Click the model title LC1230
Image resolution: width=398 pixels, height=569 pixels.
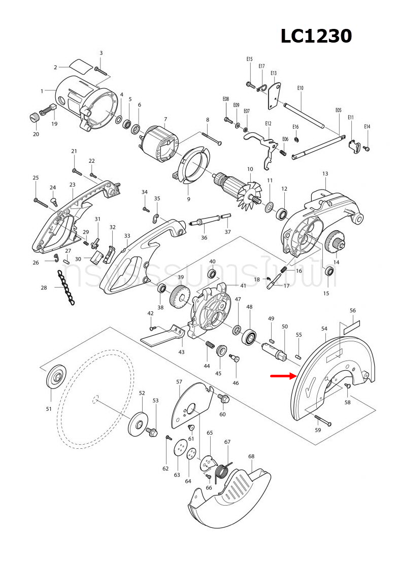coord(316,36)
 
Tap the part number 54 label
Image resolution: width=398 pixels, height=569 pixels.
coord(324,329)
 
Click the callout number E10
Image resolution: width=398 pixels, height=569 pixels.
coord(300,88)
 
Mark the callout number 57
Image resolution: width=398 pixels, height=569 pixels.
coord(179,382)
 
